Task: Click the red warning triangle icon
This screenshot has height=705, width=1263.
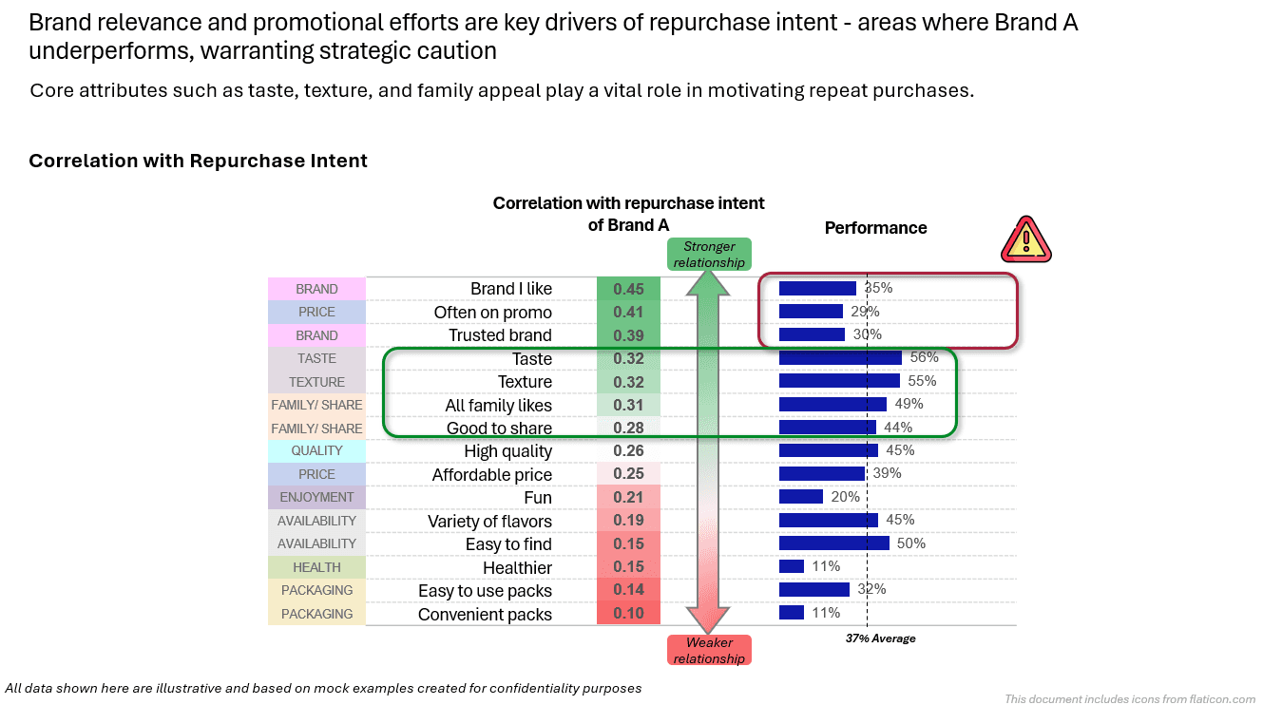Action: (1025, 239)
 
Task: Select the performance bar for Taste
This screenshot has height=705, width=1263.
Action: (840, 358)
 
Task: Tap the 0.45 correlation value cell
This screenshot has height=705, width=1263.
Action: (628, 289)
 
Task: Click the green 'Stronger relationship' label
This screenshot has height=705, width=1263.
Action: (709, 254)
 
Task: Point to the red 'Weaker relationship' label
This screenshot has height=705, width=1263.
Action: (709, 650)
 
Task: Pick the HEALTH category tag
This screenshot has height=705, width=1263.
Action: (316, 567)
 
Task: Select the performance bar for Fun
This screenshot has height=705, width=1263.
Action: (800, 497)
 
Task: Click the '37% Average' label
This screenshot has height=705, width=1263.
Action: (880, 638)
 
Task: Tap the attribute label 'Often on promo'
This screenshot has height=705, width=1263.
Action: (492, 313)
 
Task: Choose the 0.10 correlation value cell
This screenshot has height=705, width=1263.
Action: (628, 614)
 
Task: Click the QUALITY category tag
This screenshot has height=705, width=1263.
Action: (316, 450)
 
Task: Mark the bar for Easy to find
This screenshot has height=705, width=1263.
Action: (833, 543)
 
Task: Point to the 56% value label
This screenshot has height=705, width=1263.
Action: (924, 357)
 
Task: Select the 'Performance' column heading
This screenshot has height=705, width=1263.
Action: (875, 228)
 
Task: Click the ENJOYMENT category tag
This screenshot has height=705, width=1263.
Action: (316, 497)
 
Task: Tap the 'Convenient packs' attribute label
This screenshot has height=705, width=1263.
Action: (485, 615)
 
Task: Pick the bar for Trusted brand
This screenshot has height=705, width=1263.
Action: (812, 334)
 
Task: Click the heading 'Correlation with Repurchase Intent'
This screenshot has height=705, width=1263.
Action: (198, 161)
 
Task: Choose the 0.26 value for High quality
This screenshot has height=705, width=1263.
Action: (628, 451)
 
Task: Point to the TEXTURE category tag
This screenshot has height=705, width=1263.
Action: (316, 382)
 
